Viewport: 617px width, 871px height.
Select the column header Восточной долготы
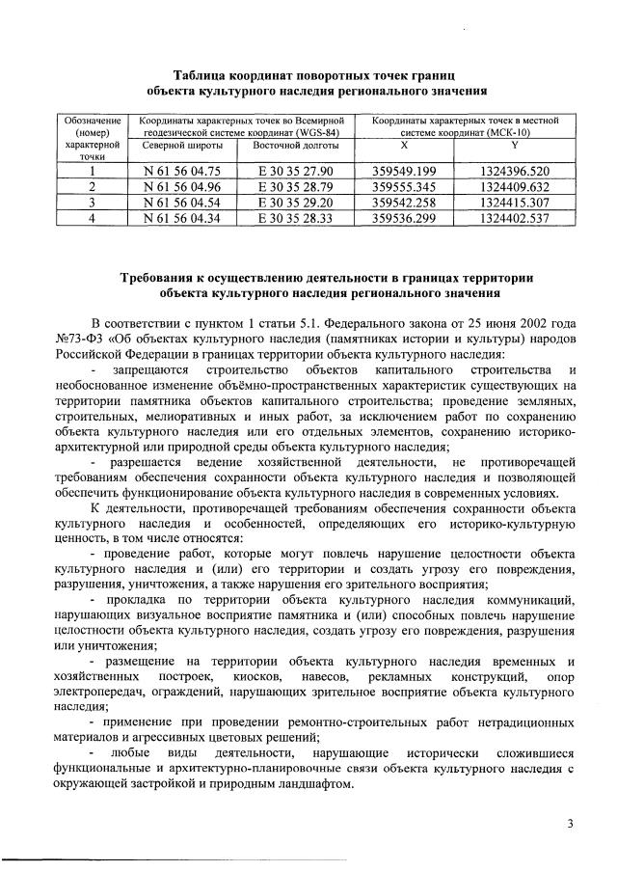pos(295,146)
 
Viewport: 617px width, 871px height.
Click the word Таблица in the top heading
pos(201,75)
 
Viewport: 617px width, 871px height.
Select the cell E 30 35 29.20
pos(295,203)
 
